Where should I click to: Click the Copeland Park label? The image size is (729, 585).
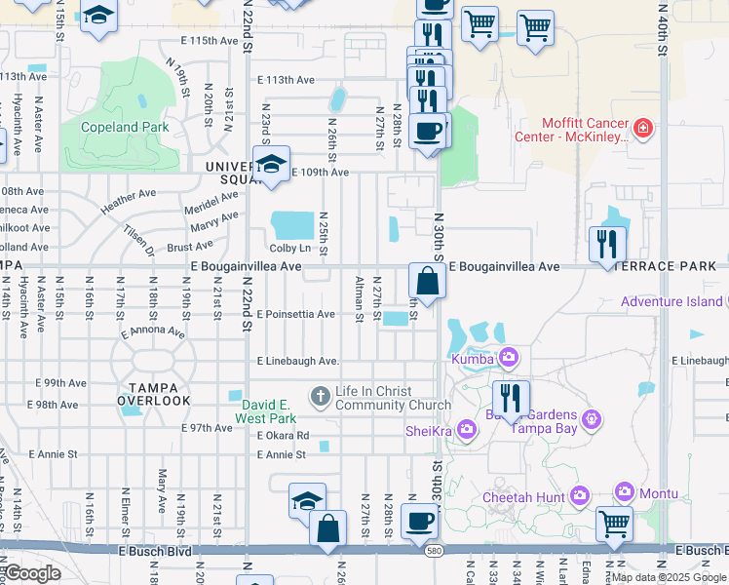click(x=125, y=128)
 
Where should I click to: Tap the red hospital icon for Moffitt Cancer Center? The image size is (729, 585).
click(x=642, y=128)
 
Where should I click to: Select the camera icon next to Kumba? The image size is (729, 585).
click(x=508, y=360)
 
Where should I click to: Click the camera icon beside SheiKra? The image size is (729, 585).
click(x=466, y=428)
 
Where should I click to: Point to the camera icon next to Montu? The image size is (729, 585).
click(x=625, y=493)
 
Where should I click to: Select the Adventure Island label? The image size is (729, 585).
click(x=672, y=301)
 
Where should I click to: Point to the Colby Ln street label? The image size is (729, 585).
click(x=290, y=248)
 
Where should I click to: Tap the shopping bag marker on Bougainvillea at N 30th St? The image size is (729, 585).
click(x=427, y=281)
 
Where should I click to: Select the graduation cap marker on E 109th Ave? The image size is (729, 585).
click(x=271, y=164)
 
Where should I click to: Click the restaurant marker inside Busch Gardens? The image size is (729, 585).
click(x=510, y=397)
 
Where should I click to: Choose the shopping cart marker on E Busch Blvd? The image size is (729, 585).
click(x=615, y=524)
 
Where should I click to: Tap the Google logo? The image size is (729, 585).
click(x=31, y=574)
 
